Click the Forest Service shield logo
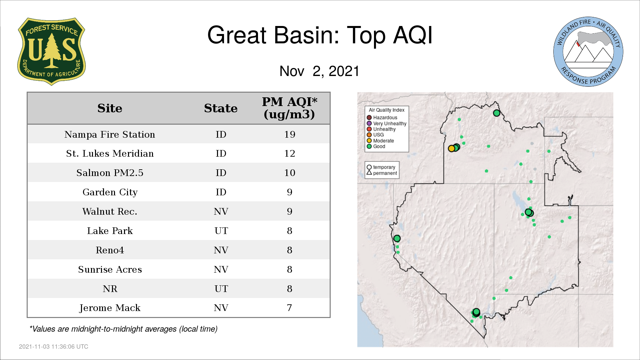coord(51,52)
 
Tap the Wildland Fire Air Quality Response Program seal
coord(588,52)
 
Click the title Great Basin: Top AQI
coord(320,35)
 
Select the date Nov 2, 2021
coord(319,71)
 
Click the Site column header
coord(110,108)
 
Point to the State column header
coord(221,108)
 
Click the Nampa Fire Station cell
coord(110,134)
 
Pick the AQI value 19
coord(290,134)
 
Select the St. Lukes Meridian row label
coord(110,153)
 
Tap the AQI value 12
coord(290,153)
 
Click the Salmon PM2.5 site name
coord(110,173)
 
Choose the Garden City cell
coord(110,192)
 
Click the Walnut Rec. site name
coord(110,211)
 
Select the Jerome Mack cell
coord(110,308)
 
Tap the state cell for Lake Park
coord(221,231)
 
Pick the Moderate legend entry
coord(380,141)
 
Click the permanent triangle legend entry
coord(382,173)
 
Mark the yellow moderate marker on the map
coord(452,148)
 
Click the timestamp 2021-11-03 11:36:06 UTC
coord(54,347)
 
